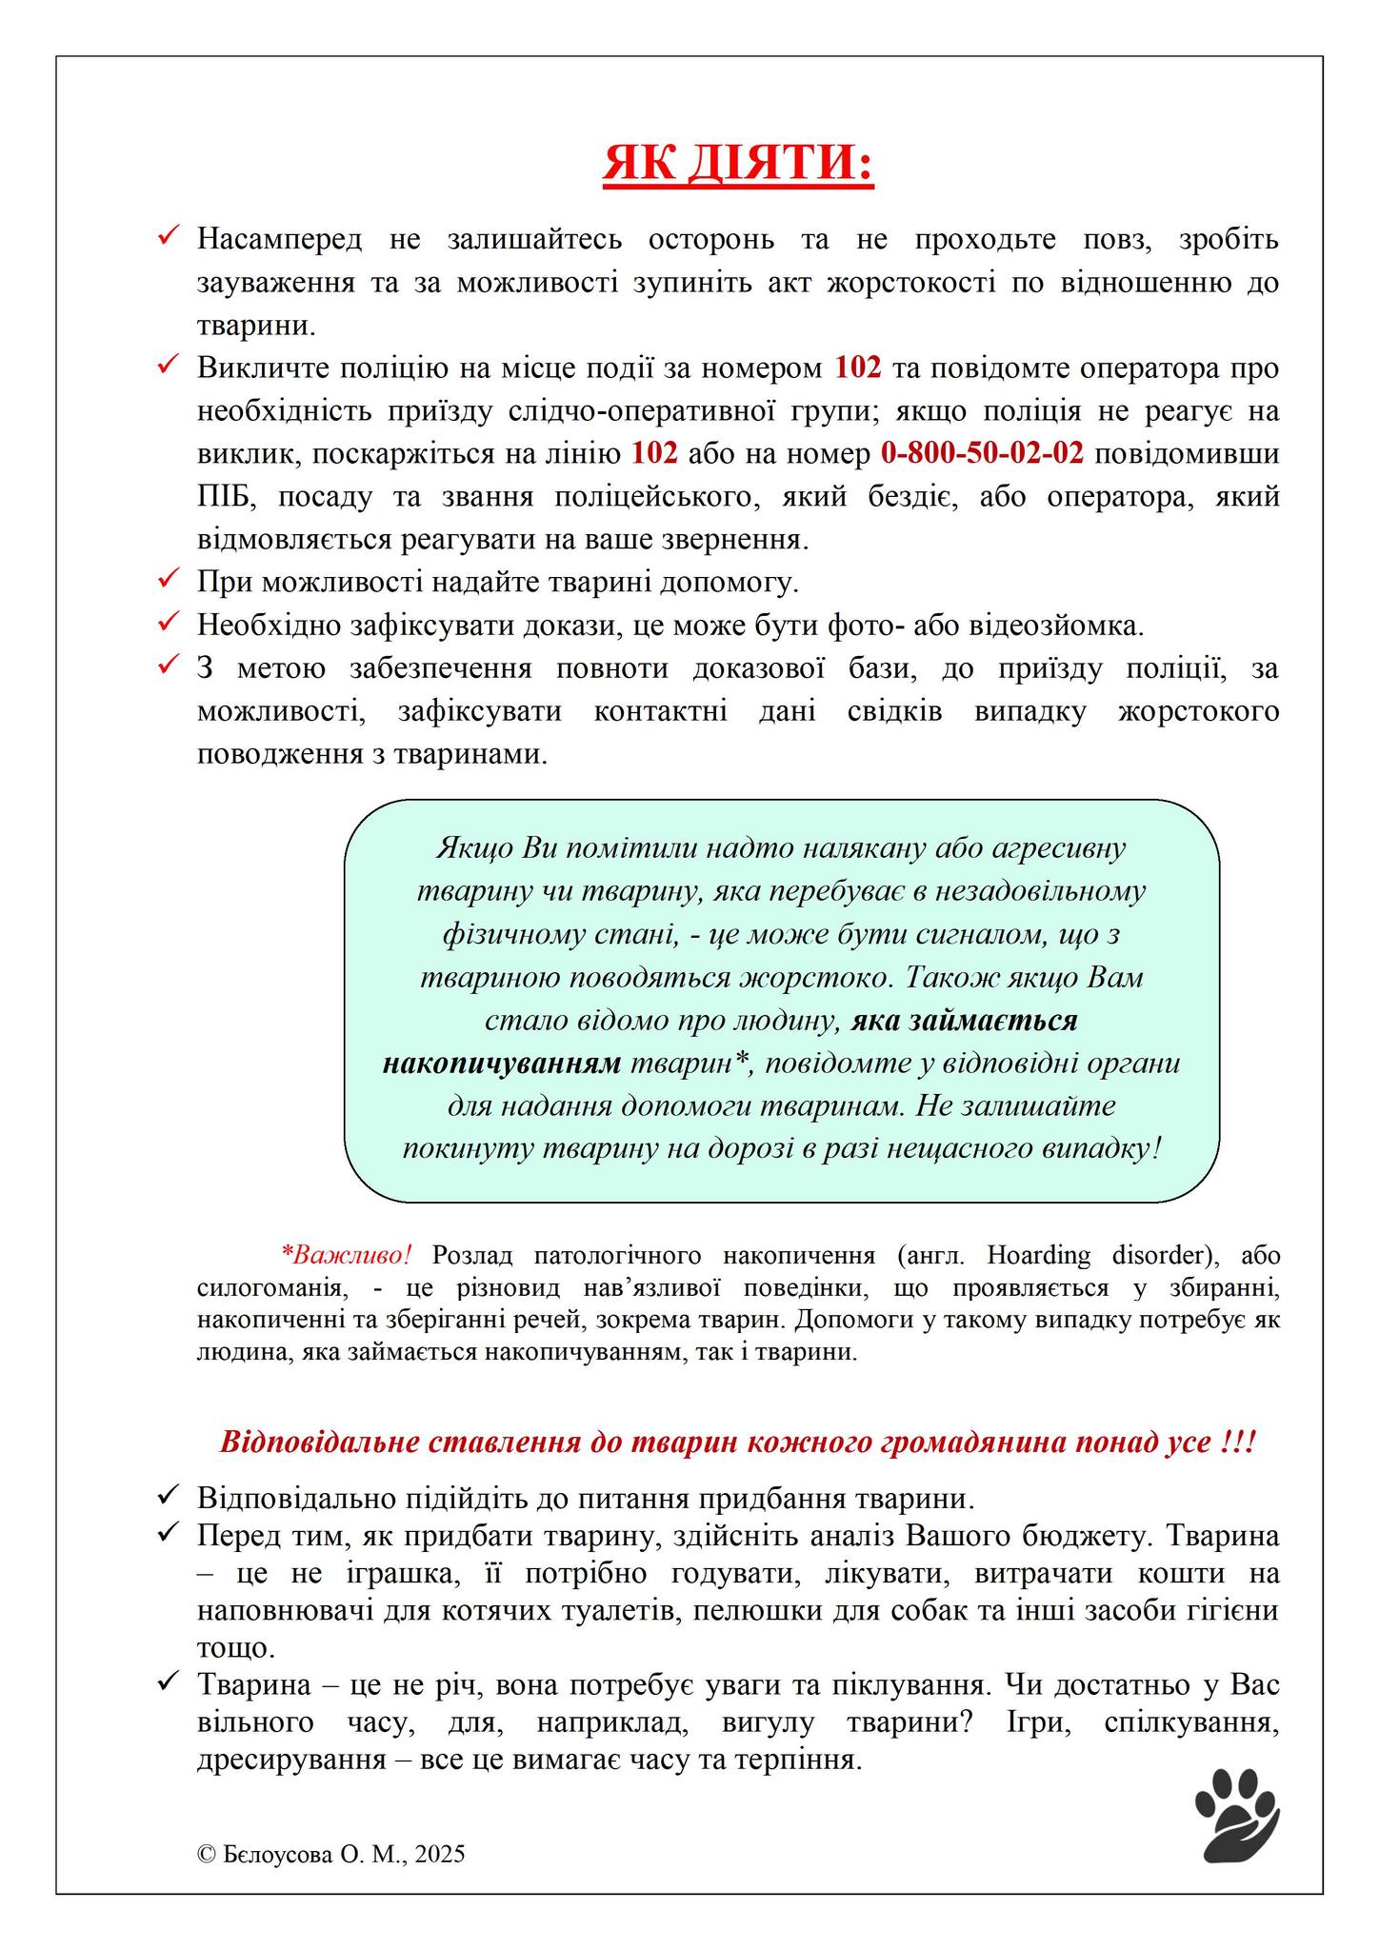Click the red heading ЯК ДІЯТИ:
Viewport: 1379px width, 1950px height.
pos(738,164)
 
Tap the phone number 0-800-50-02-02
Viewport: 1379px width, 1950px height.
pos(982,453)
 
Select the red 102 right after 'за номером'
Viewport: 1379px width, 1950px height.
pos(858,368)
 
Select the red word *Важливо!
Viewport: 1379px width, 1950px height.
pos(347,1255)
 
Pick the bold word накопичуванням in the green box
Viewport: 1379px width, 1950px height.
pos(501,1064)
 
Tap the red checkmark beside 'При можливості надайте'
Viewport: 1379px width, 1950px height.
pos(170,577)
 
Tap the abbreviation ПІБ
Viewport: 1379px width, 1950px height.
pos(223,497)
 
